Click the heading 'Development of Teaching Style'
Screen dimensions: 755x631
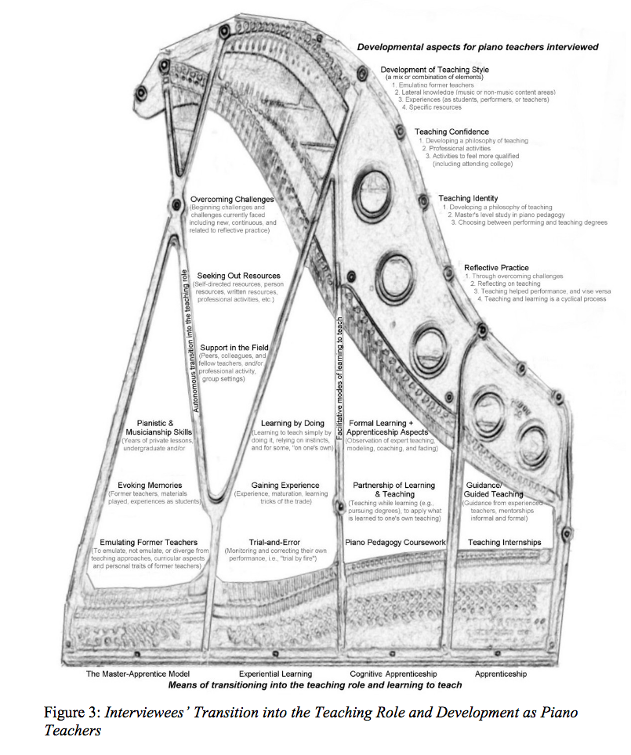point(434,70)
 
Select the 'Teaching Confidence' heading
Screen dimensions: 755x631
point(451,132)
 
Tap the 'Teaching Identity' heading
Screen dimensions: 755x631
point(468,199)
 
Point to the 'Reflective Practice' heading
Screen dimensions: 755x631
point(496,268)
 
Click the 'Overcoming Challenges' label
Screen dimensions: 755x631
point(232,200)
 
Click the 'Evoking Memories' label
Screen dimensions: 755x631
point(150,486)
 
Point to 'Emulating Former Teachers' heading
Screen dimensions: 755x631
point(149,542)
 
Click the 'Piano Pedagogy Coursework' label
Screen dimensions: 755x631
point(396,542)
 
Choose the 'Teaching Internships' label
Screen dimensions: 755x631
point(505,542)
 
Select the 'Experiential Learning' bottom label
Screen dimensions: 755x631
point(275,674)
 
